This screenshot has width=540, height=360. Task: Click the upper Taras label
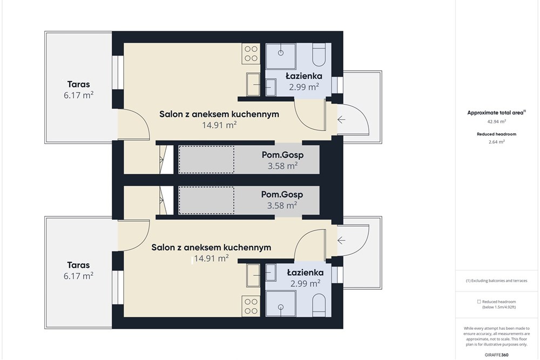coord(78,84)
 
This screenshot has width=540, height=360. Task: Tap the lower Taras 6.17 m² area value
coord(78,276)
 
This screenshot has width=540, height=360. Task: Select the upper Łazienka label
coord(304,76)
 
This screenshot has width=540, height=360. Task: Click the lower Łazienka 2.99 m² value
coord(306,283)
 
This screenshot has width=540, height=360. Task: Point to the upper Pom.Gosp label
coord(283,155)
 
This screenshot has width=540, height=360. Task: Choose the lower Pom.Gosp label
coord(282,194)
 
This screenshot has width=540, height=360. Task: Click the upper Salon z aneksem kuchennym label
coord(219,114)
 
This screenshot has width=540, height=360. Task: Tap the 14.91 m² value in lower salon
coord(211,258)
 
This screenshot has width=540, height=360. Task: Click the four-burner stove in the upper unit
coord(251,53)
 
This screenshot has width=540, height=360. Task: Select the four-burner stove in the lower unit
coord(251,307)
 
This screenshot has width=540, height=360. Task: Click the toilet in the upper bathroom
coord(319,55)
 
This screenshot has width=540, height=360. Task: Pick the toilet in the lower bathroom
coord(319,305)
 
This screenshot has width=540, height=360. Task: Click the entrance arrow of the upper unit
coord(341,119)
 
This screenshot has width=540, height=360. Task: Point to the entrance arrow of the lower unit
coord(341,240)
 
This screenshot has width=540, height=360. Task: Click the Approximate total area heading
coord(496,113)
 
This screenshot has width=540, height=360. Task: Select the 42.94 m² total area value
coord(496,121)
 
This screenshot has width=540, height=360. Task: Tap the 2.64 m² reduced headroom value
coord(496,141)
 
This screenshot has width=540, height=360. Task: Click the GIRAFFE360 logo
coord(496,355)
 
